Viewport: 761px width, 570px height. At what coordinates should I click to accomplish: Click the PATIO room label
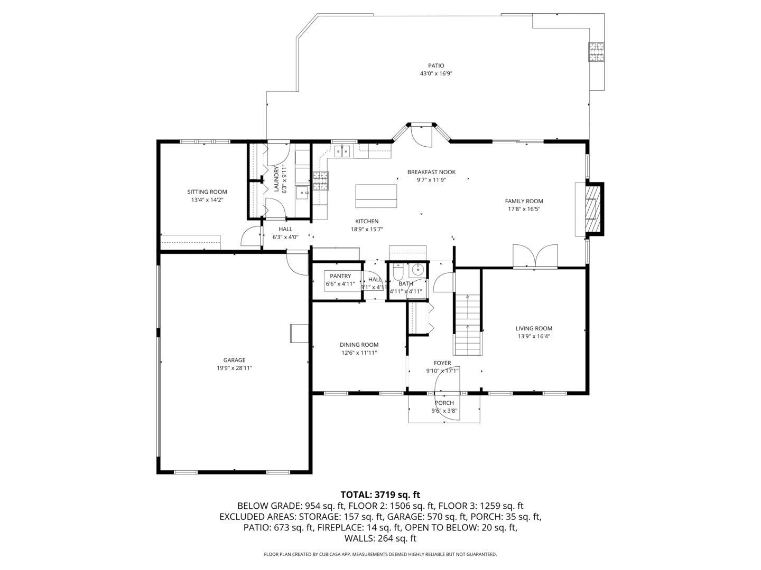click(436, 66)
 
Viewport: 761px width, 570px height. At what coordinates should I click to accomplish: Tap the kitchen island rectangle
click(376, 196)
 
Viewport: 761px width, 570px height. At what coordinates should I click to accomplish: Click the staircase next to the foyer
click(468, 325)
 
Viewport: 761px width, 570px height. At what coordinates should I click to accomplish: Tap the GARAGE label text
click(234, 360)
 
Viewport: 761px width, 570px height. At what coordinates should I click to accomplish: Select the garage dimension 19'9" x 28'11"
click(234, 368)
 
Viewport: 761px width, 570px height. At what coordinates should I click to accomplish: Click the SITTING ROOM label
click(207, 192)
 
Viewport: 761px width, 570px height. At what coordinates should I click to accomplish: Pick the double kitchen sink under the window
click(342, 152)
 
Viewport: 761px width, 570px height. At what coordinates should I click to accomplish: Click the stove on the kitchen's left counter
click(320, 181)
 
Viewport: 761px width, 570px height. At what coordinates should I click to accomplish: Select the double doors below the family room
click(535, 256)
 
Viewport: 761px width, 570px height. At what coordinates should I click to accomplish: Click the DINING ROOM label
click(359, 345)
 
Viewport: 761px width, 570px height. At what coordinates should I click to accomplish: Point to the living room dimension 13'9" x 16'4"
click(534, 336)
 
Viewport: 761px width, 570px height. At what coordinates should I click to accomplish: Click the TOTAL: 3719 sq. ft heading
click(380, 495)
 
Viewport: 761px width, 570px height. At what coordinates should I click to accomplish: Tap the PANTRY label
click(340, 276)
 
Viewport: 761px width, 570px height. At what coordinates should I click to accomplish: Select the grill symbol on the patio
click(597, 52)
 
